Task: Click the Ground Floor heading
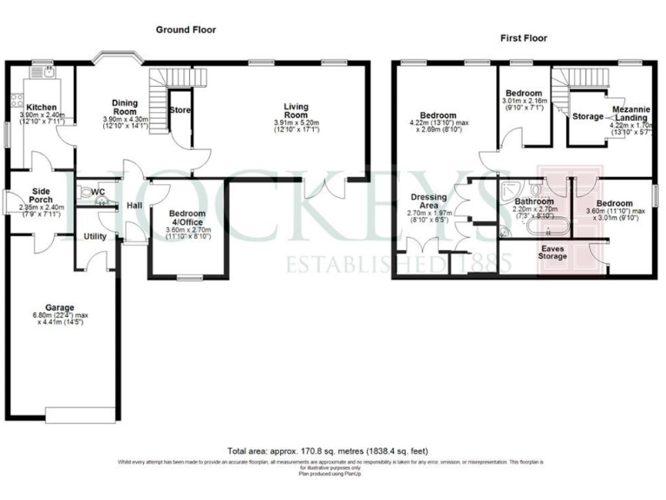pos(186,30)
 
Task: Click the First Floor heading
pos(524,38)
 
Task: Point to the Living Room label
pos(296,110)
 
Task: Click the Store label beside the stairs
pos(180,110)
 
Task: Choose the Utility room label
pos(95,236)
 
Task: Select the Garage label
pos(60,307)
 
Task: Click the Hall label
pos(134,206)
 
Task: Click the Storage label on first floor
pos(588,116)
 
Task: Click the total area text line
pos(333,451)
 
